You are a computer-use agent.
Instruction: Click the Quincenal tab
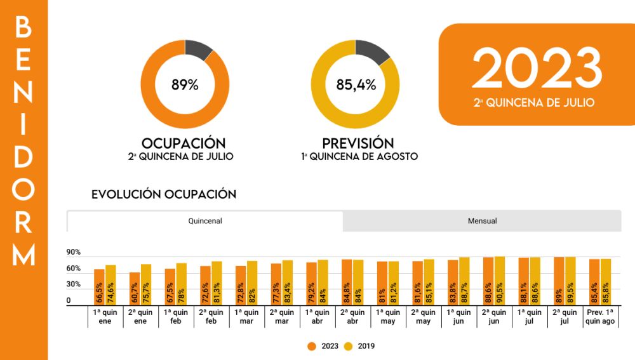coord(204,221)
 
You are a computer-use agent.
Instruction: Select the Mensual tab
coord(482,221)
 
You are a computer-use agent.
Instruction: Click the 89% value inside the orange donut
coord(185,84)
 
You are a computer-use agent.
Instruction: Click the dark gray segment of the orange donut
coord(199,50)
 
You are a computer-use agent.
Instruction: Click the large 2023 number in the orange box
coord(537,69)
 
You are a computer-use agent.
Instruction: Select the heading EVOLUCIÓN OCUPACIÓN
coord(164,194)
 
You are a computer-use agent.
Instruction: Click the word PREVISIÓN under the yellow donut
coord(358,143)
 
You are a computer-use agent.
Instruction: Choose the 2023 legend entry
coord(324,346)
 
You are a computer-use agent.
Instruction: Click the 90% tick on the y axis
coord(73,252)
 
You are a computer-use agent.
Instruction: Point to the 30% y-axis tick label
coord(73,284)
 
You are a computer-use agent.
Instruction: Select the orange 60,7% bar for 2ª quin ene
coord(135,290)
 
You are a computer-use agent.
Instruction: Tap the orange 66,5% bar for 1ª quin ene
coord(99,288)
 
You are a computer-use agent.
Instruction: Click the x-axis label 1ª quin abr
coord(317,316)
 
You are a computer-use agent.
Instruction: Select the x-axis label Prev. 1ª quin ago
coord(600,316)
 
